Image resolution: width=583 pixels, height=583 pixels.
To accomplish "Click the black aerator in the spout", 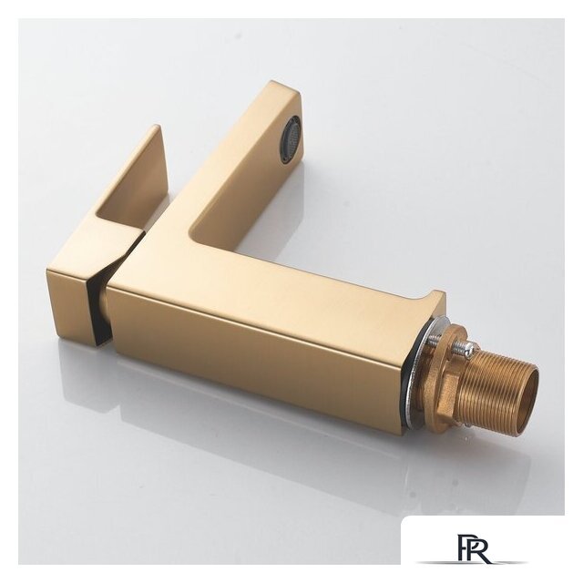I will [x=291, y=139].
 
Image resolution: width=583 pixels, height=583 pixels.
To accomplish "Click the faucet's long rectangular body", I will [x=273, y=337].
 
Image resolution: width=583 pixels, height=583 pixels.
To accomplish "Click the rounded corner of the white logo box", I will [x=407, y=522].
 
